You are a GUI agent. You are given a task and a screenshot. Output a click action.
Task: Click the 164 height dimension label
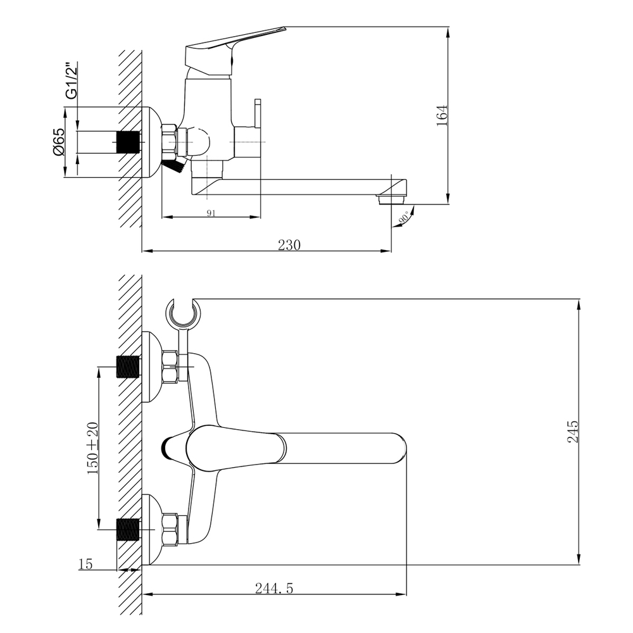click(x=442, y=115)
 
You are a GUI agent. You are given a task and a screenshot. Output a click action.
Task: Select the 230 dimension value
click(x=289, y=244)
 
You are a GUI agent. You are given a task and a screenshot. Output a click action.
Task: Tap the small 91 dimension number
click(x=211, y=213)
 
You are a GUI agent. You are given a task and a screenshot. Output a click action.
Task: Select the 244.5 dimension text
click(x=274, y=588)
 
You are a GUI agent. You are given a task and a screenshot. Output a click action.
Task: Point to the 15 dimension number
click(x=86, y=564)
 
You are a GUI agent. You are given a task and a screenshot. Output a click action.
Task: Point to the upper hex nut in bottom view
click(x=171, y=367)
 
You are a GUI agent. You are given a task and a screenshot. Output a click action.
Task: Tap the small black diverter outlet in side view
click(x=173, y=166)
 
